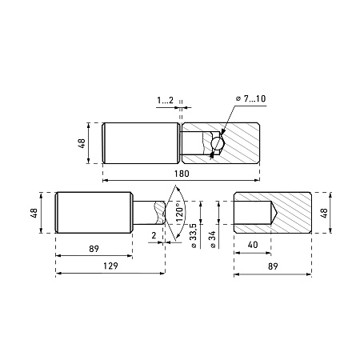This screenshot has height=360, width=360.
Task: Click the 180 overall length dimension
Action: coord(182,174)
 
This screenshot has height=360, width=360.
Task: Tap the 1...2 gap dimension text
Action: coord(165,100)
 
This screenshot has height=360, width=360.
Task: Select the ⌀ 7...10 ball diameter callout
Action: coord(251,98)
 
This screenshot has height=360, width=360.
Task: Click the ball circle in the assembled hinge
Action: coord(217,143)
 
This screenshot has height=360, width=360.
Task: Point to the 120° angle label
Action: coord(181,213)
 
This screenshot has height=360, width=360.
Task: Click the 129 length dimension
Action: coord(110,266)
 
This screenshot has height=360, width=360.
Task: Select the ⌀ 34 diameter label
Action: coord(213,240)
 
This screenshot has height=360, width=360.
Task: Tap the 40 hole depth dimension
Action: coord(253,245)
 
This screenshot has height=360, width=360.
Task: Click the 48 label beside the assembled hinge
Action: coord(82,143)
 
